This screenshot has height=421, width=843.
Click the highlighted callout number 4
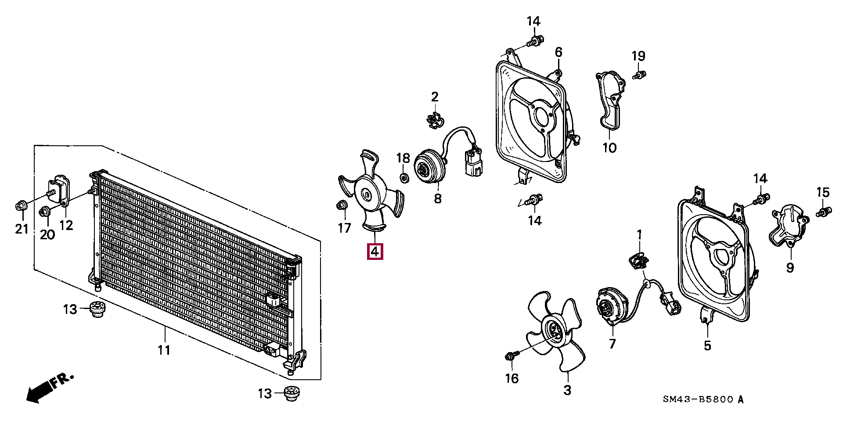coord(375,252)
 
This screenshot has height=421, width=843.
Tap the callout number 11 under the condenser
coord(164,350)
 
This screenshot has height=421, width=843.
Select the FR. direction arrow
coord(49,388)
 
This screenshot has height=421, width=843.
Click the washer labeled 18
coord(403,178)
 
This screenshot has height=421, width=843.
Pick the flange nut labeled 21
coord(21,205)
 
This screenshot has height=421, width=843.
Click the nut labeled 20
coord(45,212)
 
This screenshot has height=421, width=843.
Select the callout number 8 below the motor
coord(437,198)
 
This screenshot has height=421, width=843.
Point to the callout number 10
coord(609,148)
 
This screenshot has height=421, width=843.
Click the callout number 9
coord(790,267)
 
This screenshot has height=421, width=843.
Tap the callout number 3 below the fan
coord(567,390)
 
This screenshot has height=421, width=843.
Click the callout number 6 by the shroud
coord(558,52)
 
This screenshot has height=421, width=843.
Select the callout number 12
coord(66,225)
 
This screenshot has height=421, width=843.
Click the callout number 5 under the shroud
coord(707,345)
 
